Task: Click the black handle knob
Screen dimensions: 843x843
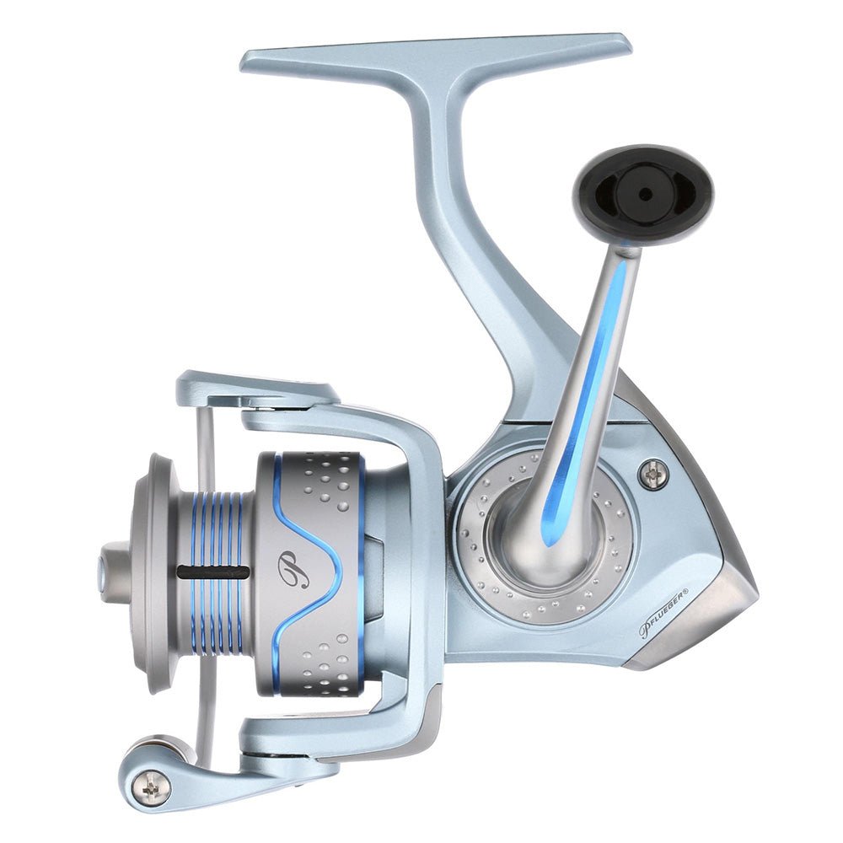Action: [x=643, y=195]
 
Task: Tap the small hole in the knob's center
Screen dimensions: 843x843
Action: [x=645, y=194]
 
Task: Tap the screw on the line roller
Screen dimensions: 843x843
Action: [x=152, y=787]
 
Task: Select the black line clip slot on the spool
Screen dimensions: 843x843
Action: [x=212, y=572]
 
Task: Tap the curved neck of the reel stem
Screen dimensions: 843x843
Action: [x=472, y=253]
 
